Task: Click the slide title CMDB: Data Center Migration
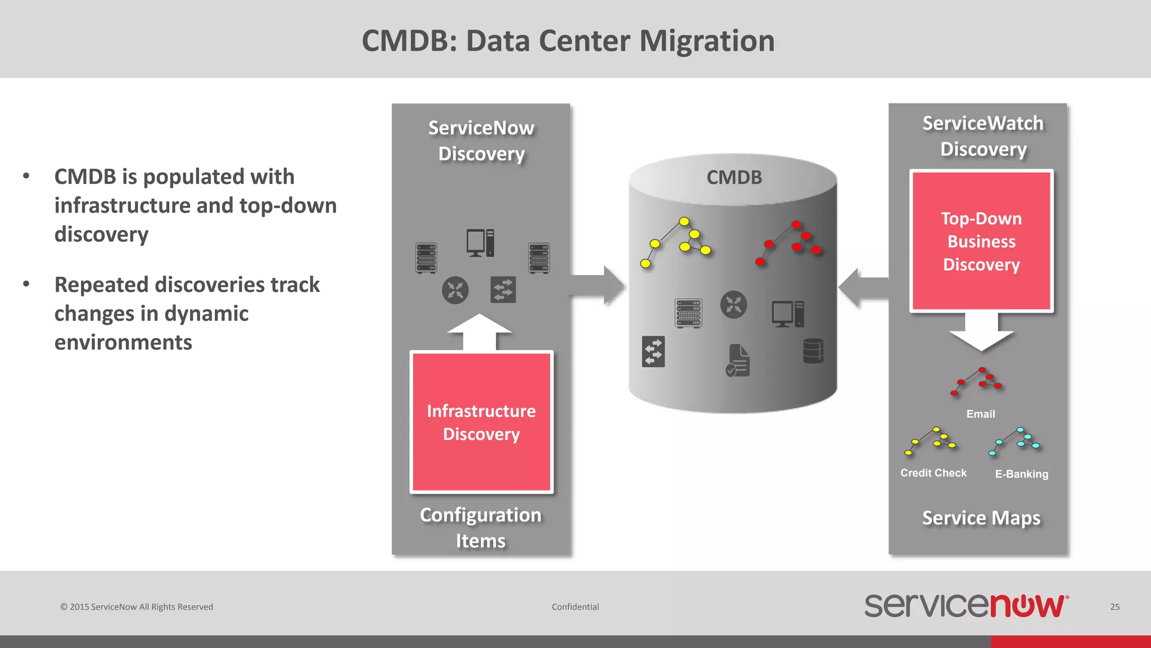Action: point(568,41)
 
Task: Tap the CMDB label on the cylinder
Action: point(734,178)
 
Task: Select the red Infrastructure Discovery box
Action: point(482,422)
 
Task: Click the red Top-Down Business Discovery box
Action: point(981,241)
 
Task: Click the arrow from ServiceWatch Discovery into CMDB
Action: point(863,287)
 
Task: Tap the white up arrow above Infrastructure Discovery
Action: point(479,331)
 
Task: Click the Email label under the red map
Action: point(981,414)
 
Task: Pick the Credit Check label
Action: point(934,473)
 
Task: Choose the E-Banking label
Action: point(1022,474)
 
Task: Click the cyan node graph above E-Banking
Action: point(1015,441)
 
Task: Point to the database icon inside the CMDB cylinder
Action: point(813,350)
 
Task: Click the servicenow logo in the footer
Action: point(966,606)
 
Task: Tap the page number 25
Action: point(1114,607)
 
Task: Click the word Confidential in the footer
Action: point(575,607)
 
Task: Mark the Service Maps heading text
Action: point(981,517)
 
